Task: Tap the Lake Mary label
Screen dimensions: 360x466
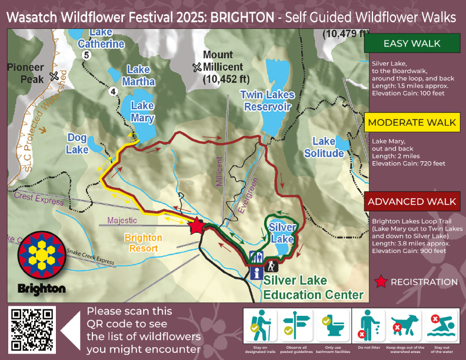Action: pos(142,112)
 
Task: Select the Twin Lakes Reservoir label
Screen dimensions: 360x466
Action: pos(268,101)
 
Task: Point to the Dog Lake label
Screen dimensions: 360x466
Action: pos(77,143)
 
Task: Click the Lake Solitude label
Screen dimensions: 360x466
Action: pos(324,147)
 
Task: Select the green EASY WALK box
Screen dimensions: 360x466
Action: pos(412,44)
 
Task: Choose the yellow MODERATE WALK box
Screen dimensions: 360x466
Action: pos(412,122)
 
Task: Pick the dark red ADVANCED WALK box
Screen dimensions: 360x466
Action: pos(412,202)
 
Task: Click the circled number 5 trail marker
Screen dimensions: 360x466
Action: pos(86,55)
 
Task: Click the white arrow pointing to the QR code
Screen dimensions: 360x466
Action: pos(70,331)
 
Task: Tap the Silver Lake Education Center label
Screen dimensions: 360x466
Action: pos(314,286)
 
